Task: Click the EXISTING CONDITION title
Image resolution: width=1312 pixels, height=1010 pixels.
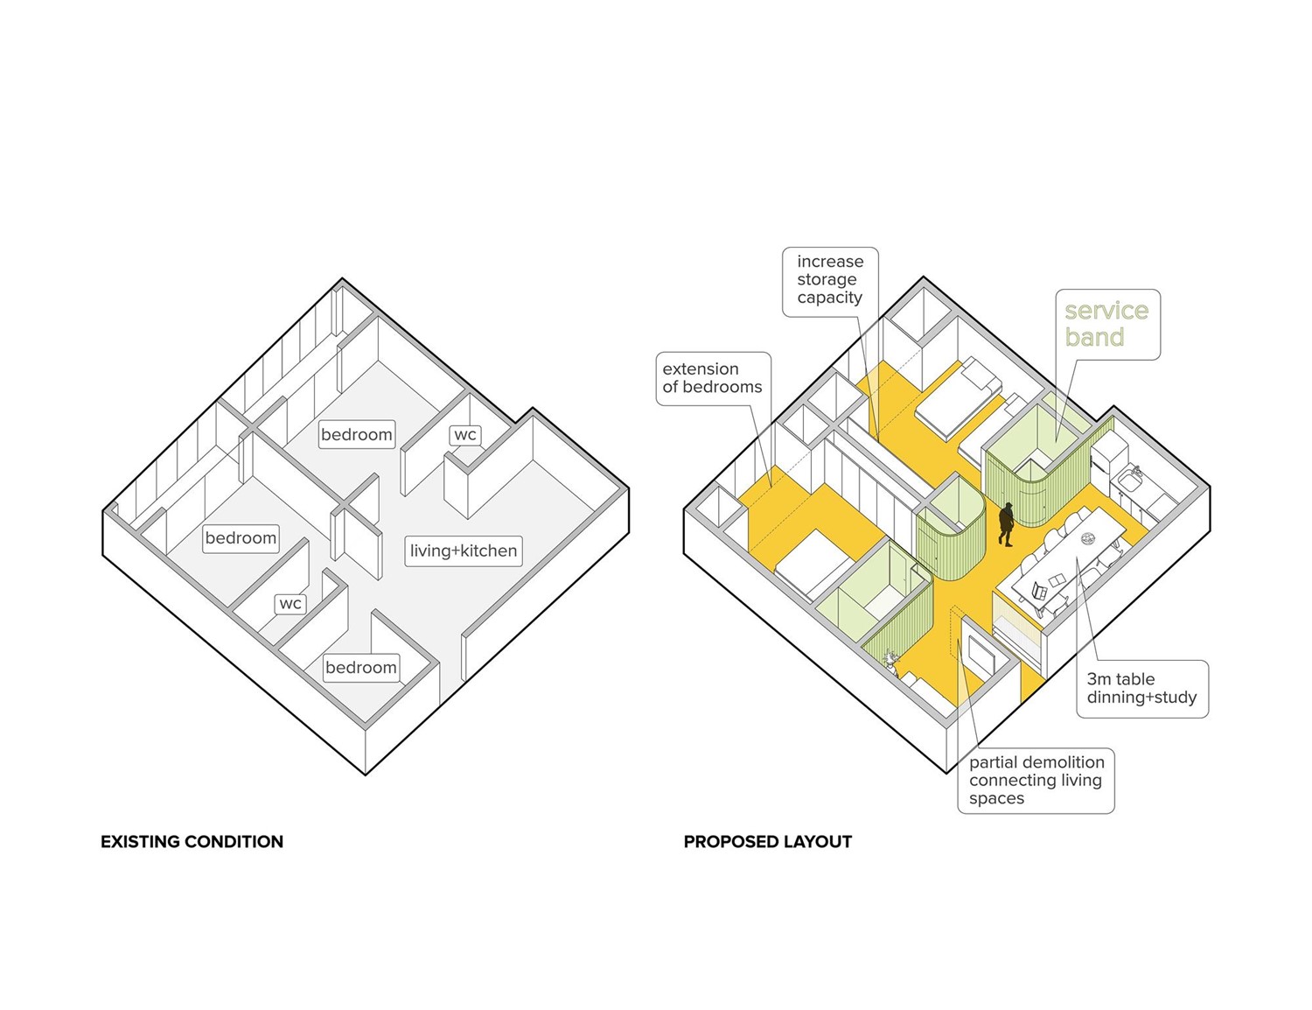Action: click(192, 842)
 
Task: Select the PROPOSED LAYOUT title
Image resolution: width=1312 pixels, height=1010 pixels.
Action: click(767, 842)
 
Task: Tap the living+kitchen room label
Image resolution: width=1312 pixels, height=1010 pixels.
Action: click(464, 551)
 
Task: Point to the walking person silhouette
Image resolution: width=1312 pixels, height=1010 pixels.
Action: click(1007, 523)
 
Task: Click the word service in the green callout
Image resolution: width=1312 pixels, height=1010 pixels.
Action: click(1106, 311)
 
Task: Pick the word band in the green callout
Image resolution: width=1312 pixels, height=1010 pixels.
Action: click(1094, 338)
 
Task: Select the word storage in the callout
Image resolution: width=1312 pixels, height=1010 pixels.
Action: click(827, 279)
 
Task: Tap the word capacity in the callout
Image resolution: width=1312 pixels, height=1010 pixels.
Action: click(829, 298)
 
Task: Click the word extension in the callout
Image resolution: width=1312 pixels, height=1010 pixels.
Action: click(700, 368)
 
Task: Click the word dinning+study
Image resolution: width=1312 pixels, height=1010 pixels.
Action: click(1141, 698)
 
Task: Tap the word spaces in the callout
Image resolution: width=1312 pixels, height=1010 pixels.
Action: click(996, 798)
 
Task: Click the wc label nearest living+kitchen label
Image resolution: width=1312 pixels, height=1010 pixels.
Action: click(465, 435)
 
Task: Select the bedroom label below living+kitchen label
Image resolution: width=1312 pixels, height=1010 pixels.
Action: click(360, 668)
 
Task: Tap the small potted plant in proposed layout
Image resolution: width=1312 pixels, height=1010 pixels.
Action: click(891, 659)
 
